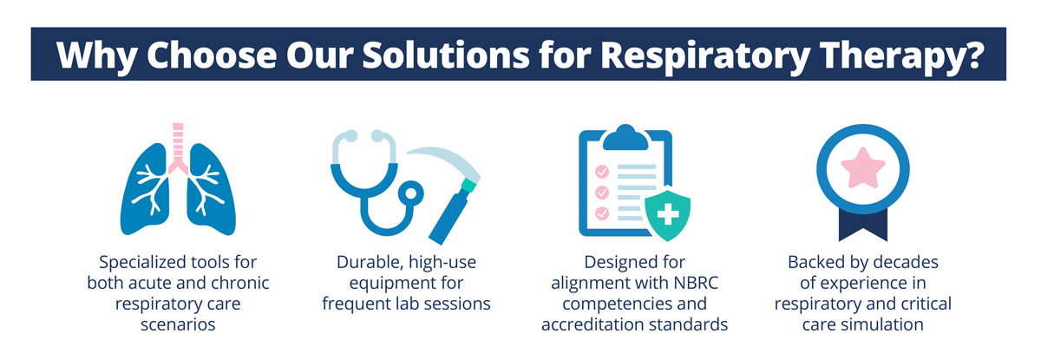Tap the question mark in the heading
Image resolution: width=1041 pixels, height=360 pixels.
click(972, 54)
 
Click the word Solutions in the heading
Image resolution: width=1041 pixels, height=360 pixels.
click(446, 55)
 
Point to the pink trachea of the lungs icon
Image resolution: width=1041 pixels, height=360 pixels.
click(178, 147)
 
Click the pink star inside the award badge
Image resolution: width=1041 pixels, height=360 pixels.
click(863, 168)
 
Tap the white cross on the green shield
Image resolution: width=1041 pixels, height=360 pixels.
click(668, 214)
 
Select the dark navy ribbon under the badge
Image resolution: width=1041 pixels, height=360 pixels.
click(863, 226)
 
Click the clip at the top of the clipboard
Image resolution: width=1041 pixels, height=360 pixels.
click(625, 138)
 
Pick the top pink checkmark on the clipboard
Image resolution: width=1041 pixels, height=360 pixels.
click(602, 172)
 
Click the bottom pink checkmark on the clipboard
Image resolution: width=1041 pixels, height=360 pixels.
click(602, 213)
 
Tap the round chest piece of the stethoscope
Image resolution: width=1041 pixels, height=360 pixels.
click(411, 194)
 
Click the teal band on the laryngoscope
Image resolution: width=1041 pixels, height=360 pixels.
click(468, 186)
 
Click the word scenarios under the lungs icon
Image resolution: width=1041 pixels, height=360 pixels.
click(178, 324)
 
